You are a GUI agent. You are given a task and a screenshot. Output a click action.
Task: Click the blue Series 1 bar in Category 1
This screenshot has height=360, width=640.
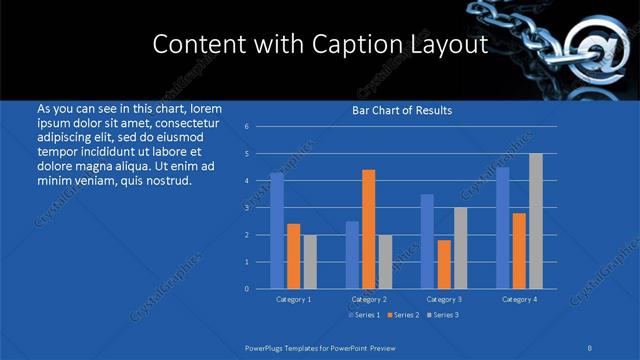pyautogui.click(x=277, y=231)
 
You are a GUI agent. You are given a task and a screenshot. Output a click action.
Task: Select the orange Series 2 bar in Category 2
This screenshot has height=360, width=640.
pyautogui.click(x=369, y=229)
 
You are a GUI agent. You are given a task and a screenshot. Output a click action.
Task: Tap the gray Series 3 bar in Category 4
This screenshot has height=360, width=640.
pyautogui.click(x=536, y=221)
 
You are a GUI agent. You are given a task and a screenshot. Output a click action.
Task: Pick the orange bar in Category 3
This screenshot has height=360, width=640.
pyautogui.click(x=444, y=264)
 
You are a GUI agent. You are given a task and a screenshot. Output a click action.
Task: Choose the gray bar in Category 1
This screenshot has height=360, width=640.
pyautogui.click(x=310, y=262)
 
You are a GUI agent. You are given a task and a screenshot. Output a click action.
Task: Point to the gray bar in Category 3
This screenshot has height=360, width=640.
pyautogui.click(x=460, y=248)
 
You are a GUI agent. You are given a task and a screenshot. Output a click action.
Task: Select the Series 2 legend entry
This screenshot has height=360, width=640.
pyautogui.click(x=402, y=315)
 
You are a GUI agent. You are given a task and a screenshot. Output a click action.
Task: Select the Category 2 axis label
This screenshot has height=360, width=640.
pyautogui.click(x=369, y=299)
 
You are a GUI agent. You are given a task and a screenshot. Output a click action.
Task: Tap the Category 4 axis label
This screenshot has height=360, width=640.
pyautogui.click(x=519, y=299)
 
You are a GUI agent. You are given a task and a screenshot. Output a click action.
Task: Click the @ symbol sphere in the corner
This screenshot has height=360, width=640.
pyautogui.click(x=589, y=48)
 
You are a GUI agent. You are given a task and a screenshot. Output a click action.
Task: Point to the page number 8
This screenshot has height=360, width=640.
pyautogui.click(x=590, y=347)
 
